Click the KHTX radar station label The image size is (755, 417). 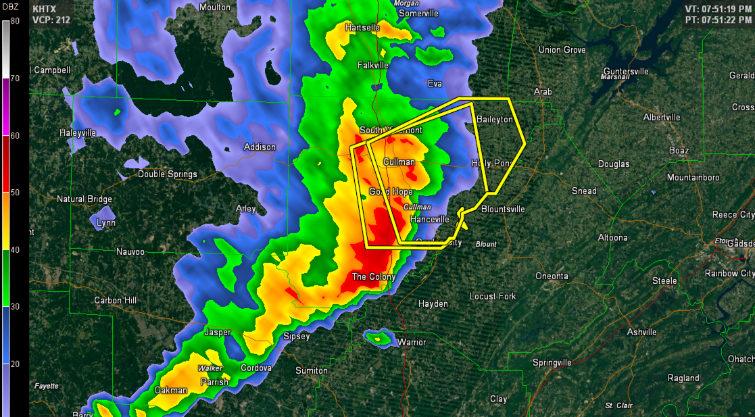45,8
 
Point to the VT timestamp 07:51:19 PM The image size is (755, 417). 718,9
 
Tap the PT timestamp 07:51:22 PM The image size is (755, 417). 718,20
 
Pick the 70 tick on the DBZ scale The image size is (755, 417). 15,78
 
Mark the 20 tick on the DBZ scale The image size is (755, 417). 15,364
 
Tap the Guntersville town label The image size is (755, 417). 626,71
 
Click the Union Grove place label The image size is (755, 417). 562,50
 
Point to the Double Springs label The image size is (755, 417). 168,174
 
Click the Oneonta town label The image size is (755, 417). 552,276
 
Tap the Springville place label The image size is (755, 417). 552,362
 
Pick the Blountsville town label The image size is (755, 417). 503,209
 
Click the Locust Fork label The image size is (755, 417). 493,296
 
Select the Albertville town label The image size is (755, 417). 662,117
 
